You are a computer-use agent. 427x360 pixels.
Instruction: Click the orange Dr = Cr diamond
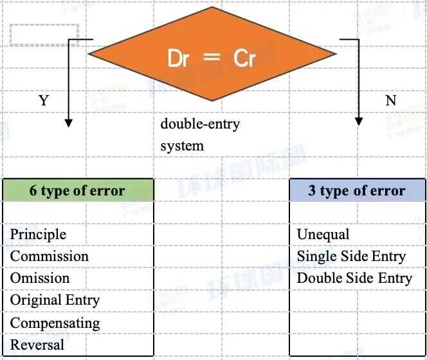tap(212, 54)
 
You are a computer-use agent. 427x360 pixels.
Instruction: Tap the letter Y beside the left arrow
tap(44, 100)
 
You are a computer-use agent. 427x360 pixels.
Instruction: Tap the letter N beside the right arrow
tap(391, 100)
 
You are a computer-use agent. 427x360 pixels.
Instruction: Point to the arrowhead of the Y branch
tap(69, 123)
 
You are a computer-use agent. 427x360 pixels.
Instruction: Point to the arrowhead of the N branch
tap(359, 122)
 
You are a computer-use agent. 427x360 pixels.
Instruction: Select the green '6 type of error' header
tap(78, 190)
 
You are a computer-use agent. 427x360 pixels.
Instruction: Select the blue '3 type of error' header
tap(357, 190)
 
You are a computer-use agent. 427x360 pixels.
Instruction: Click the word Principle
tap(38, 235)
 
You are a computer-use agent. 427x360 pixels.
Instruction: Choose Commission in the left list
tap(50, 256)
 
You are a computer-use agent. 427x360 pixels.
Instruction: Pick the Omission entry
tap(40, 278)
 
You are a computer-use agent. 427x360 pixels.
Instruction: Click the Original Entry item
tap(55, 301)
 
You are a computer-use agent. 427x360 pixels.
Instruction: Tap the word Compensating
tap(55, 323)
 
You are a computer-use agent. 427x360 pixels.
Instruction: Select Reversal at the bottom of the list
tap(37, 345)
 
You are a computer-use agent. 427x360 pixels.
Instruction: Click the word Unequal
tap(323, 235)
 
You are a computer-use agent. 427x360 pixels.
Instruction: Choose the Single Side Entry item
tap(351, 256)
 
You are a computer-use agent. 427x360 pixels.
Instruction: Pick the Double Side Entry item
tap(354, 278)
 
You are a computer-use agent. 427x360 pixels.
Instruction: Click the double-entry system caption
tap(200, 135)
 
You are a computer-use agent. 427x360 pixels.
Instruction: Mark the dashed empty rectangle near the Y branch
tap(44, 35)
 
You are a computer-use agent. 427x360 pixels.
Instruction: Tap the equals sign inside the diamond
tap(212, 57)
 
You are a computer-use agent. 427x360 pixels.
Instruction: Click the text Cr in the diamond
tap(244, 58)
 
